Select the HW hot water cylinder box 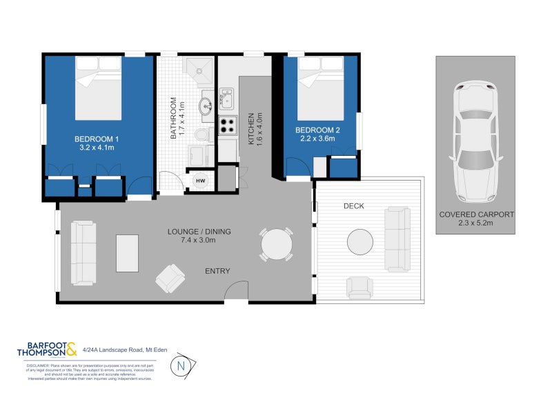pos(201,181)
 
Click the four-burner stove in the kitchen pos(228,125)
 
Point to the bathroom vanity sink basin pos(206,107)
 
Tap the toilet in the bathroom pos(200,134)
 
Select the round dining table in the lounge pos(277,243)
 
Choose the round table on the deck pos(363,242)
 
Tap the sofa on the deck pos(397,239)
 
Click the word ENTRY pos(217,271)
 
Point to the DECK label pos(353,206)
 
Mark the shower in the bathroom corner pos(201,67)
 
